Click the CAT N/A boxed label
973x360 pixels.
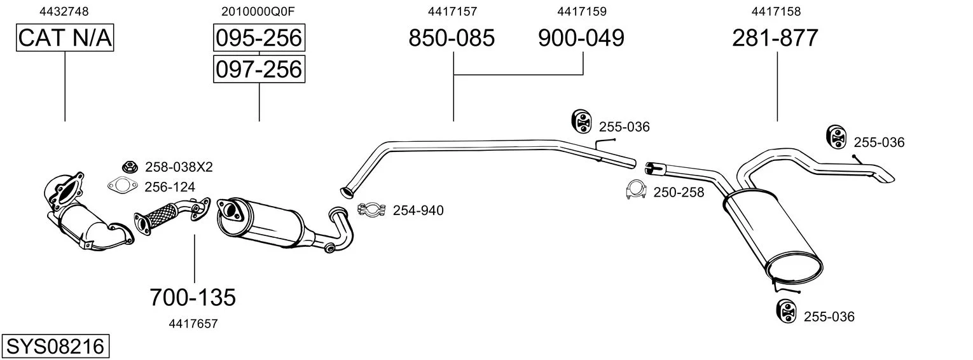[65, 38]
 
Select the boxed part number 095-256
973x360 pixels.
[259, 38]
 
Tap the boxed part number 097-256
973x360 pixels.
[259, 69]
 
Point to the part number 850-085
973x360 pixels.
[452, 38]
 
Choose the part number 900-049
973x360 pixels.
[581, 38]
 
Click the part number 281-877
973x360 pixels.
[775, 38]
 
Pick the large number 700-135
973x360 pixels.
[193, 298]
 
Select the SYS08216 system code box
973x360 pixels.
[55, 347]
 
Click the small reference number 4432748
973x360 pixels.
[64, 11]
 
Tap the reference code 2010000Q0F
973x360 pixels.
[258, 11]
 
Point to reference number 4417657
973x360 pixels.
[193, 324]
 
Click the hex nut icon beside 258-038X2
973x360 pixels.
[130, 166]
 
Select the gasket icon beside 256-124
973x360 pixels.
[123, 186]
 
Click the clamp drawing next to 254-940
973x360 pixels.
[372, 210]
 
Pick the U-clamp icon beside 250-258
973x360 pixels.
[637, 190]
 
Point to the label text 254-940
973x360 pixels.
[418, 211]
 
